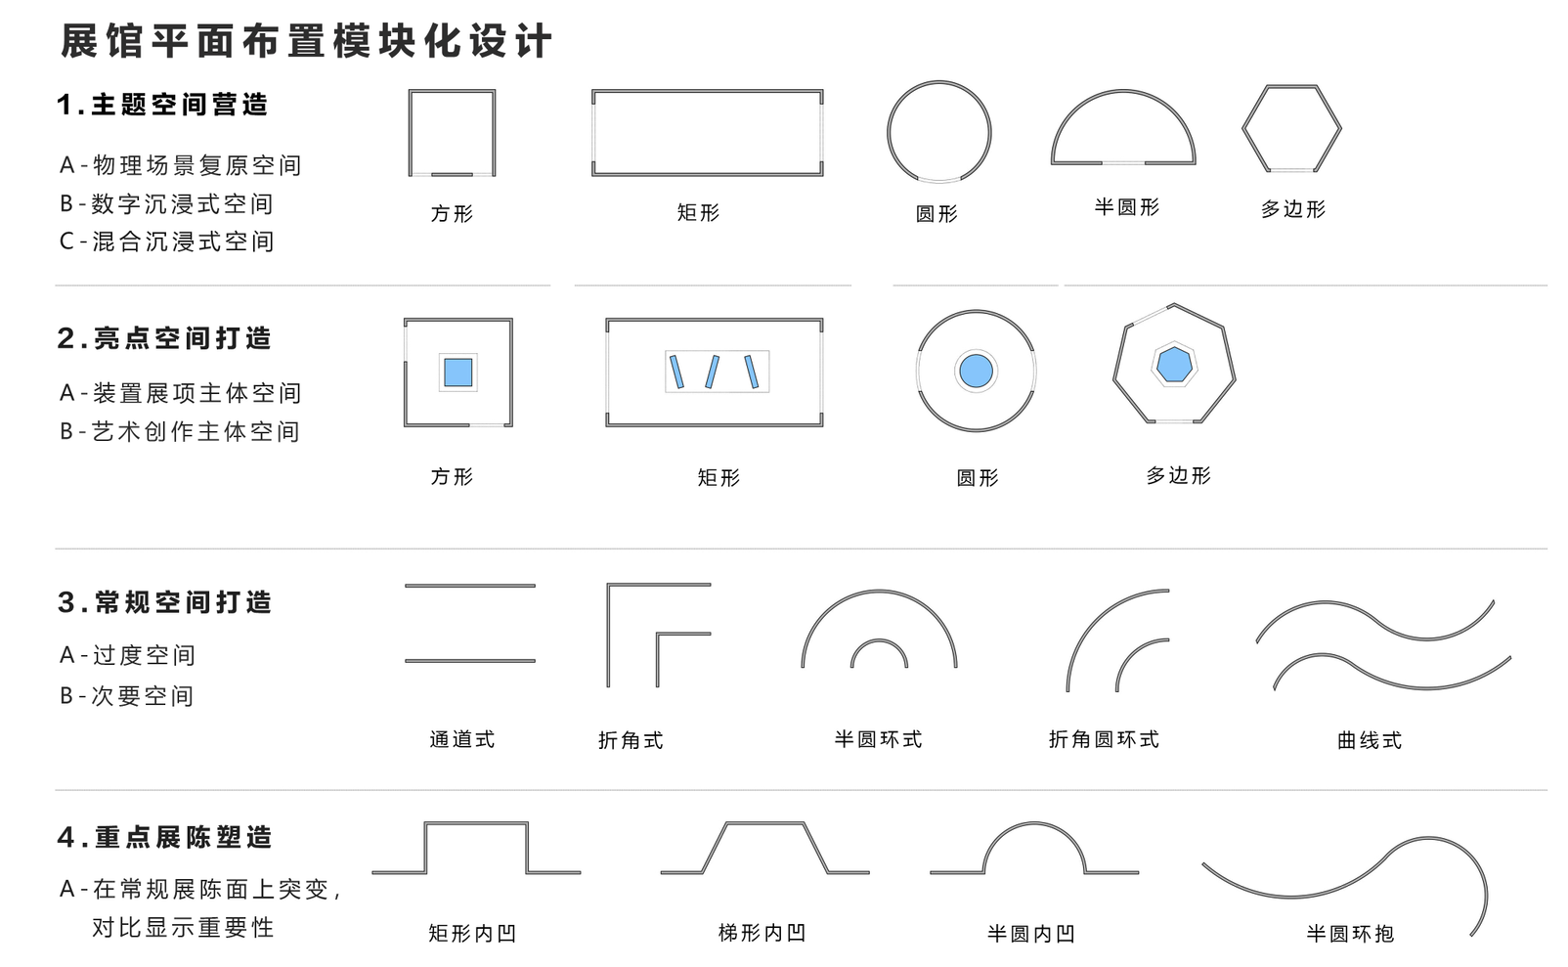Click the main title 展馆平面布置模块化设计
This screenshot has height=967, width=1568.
coord(306,41)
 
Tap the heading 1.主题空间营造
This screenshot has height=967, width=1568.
coord(162,105)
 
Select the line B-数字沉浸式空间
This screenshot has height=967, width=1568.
coord(166,203)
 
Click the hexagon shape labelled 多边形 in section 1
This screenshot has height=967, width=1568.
coord(1291,128)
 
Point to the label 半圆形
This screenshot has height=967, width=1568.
coord(1126,207)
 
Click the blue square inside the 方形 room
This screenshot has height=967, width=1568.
coord(457,373)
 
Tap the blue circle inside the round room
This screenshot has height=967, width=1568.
coord(976,372)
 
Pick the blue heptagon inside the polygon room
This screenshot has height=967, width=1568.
coord(1173,365)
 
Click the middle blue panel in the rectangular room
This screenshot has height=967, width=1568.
coord(713,372)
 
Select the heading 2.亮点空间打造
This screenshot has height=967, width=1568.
coord(164,338)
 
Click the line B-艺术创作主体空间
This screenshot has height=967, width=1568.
coord(180,431)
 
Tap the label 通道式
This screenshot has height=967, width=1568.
coord(461,739)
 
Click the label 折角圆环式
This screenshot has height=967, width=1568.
coord(1104,739)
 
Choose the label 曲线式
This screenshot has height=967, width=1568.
coord(1369,740)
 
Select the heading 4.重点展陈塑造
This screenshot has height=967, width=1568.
coord(164,837)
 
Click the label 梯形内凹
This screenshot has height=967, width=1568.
coord(762,933)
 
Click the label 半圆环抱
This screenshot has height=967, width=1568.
coord(1349,934)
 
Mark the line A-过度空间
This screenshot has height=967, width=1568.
coord(127,655)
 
